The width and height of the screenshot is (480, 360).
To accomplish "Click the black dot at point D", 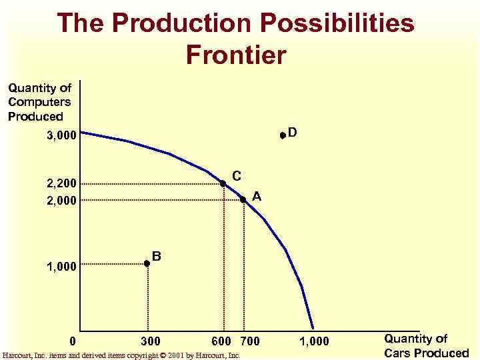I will [283, 135].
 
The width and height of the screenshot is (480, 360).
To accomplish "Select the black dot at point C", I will [223, 183].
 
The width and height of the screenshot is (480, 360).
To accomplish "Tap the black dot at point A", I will [243, 199].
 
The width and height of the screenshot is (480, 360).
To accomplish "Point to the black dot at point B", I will [147, 264].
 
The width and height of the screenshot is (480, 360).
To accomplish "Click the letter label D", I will [293, 133].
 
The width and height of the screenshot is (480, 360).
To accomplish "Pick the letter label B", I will [156, 255].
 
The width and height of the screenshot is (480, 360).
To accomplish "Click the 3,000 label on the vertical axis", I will [62, 136].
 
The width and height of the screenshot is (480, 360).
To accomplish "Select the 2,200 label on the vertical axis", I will [62, 183].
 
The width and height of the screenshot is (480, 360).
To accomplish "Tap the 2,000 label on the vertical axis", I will [62, 199].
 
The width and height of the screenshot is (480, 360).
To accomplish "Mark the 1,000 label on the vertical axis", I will [62, 267].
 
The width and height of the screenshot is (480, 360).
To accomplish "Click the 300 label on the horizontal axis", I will [151, 342].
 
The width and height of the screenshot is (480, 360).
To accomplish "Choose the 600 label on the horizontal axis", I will [221, 342].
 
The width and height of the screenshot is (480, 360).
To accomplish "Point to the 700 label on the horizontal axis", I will [250, 342].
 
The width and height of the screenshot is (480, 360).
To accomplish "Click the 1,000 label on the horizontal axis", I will [314, 342].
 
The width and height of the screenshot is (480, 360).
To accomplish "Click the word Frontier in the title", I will [236, 55].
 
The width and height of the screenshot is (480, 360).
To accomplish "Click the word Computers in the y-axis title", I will [39, 102].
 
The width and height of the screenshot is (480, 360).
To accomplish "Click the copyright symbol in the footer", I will [163, 355].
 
